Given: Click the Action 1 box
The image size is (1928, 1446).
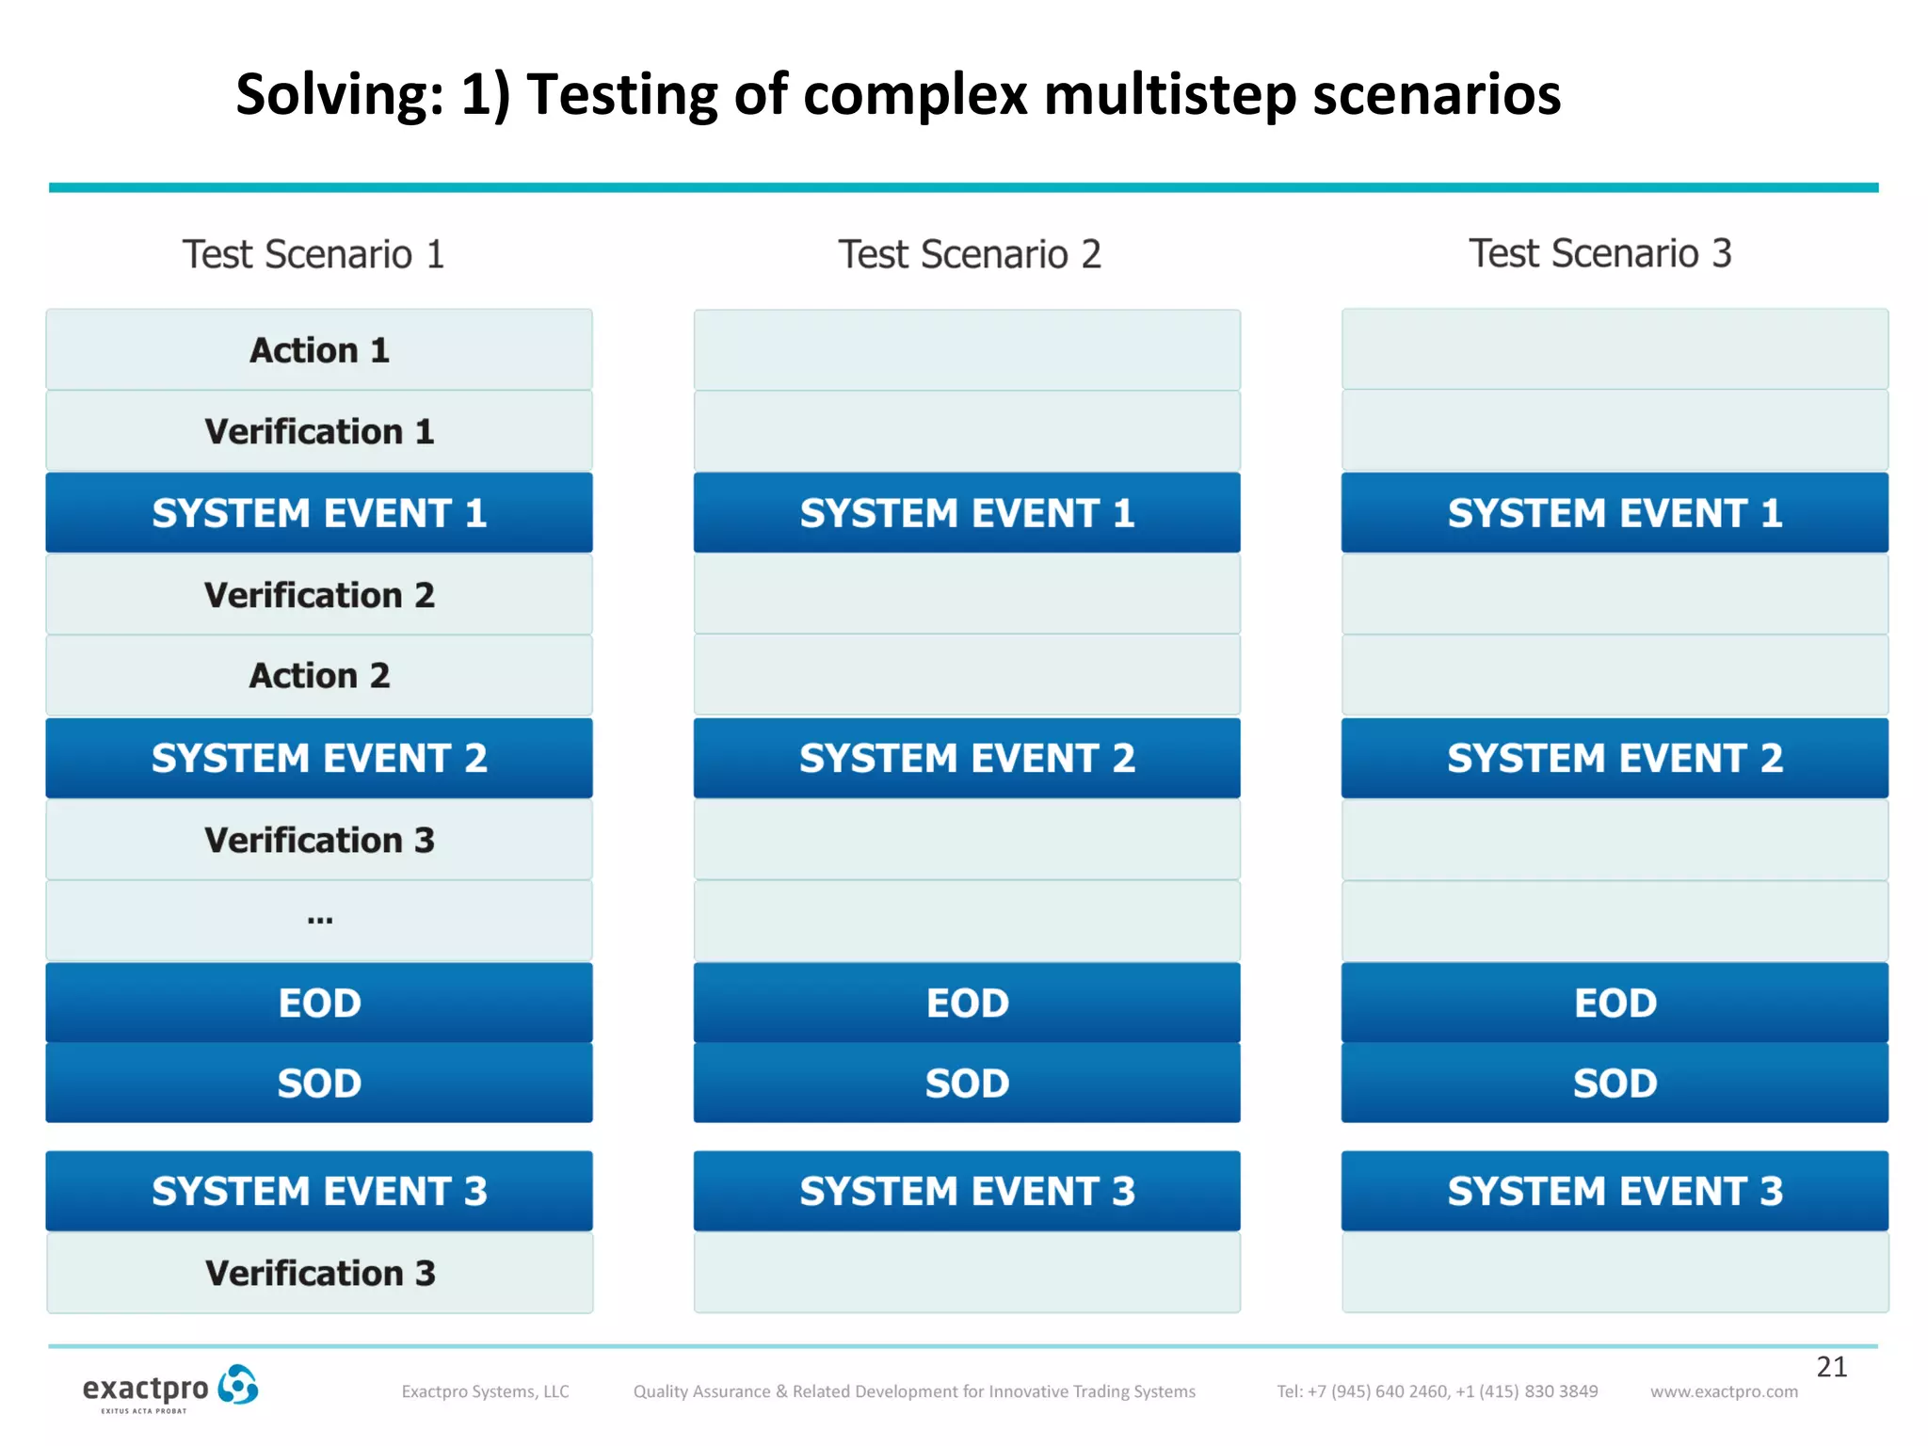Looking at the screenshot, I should [x=319, y=350].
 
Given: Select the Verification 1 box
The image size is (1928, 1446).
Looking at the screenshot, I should [x=319, y=431].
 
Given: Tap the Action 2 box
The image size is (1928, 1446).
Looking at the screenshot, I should [x=319, y=676].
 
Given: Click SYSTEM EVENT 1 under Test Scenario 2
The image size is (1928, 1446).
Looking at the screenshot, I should [x=967, y=513].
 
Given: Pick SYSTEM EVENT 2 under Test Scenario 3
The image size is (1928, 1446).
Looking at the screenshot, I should [x=1615, y=758].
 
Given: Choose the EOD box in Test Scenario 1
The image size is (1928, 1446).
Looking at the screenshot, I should [x=319, y=1003].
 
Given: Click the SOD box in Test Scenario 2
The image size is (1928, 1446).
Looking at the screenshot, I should [x=967, y=1084].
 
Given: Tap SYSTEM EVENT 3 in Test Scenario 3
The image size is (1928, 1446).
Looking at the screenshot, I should [x=1615, y=1191].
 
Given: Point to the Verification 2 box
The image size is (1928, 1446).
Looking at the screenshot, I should [x=319, y=595].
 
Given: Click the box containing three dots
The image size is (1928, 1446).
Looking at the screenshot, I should [x=319, y=921].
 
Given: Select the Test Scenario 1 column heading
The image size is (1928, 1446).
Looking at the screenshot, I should [x=313, y=254].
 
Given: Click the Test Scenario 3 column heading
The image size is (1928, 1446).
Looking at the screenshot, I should [x=1599, y=253].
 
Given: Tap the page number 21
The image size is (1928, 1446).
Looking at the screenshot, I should [x=1831, y=1367].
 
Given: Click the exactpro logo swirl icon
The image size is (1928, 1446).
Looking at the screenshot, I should [x=238, y=1385].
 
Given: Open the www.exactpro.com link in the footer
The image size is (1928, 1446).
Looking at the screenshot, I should [x=1724, y=1391].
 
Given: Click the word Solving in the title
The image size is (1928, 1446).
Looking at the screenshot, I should [x=339, y=96].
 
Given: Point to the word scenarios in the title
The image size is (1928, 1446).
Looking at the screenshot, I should [x=1437, y=96].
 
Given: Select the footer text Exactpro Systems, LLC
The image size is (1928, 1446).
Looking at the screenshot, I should [x=485, y=1391].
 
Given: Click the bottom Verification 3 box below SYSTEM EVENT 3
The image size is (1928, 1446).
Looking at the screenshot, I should [x=319, y=1273].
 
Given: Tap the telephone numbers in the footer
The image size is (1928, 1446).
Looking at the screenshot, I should [x=1437, y=1391].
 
